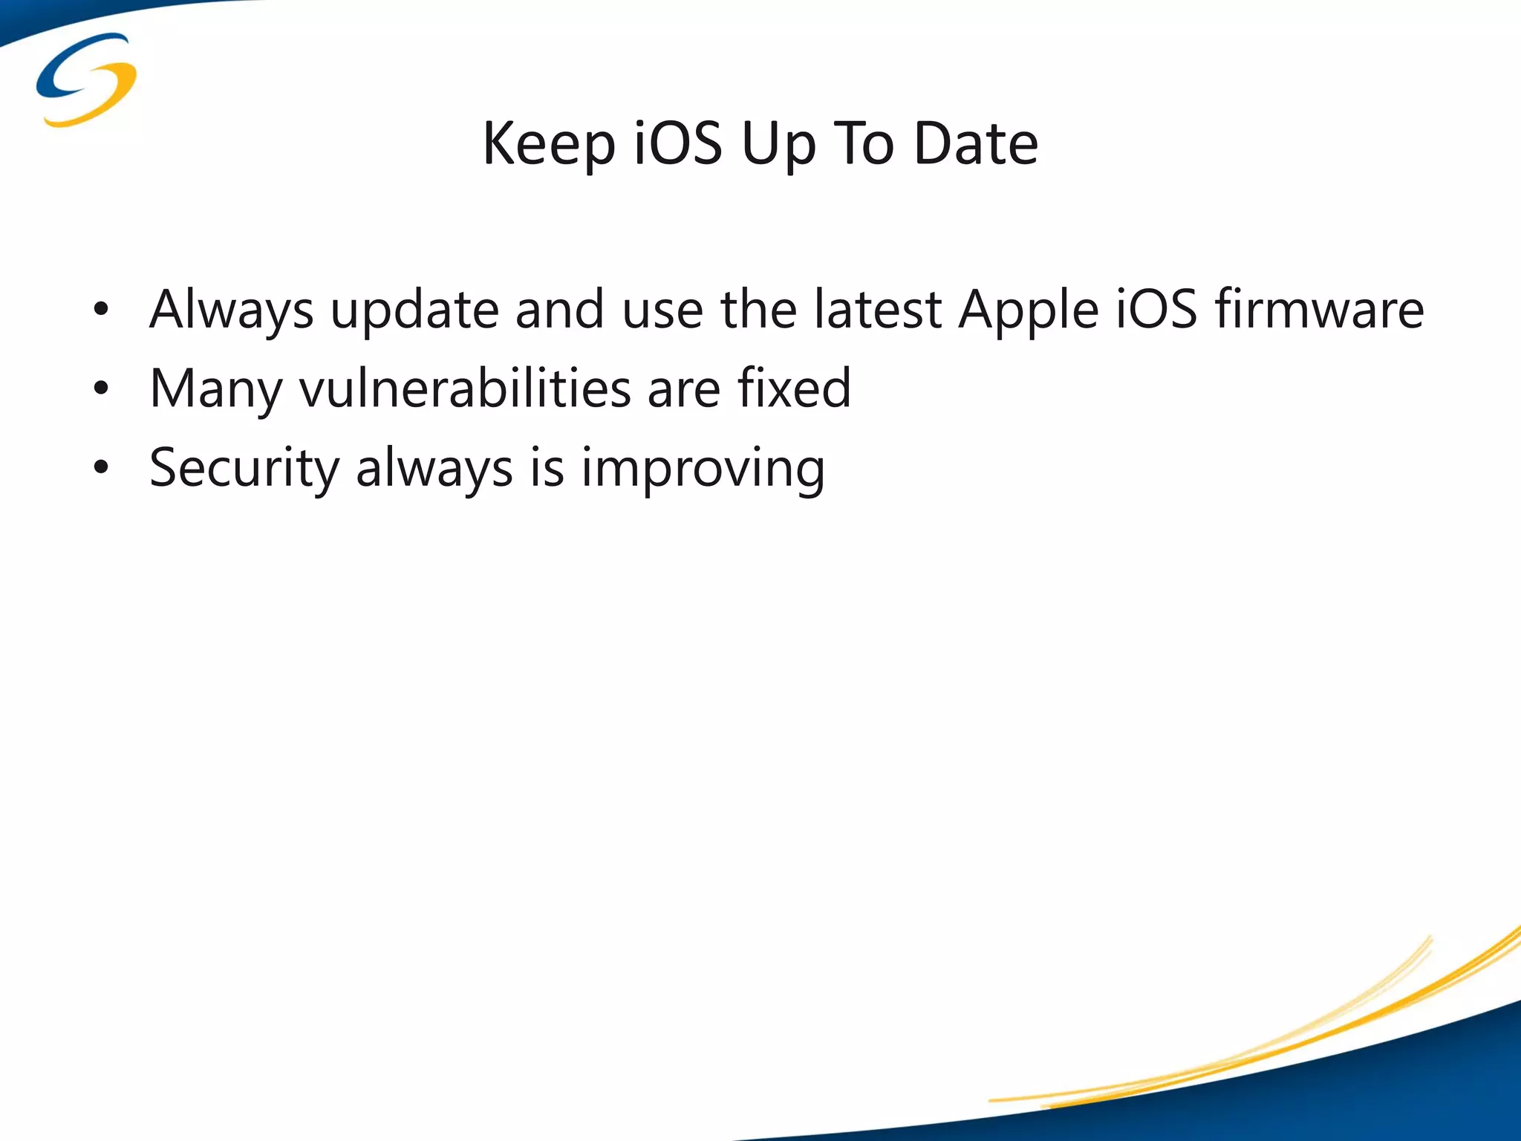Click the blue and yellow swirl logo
[86, 79]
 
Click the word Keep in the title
[549, 144]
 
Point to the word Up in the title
[778, 144]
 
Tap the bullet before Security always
[102, 467]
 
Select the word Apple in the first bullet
[1028, 311]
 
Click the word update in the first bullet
[414, 311]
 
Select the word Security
[244, 468]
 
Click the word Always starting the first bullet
[231, 311]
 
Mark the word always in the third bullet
[434, 468]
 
